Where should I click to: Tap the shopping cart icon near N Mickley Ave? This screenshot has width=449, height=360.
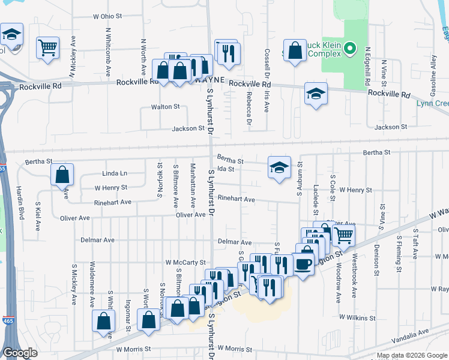point(47,47)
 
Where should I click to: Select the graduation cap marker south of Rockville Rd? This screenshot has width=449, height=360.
point(316,94)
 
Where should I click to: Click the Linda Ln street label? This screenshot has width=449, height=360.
point(115,173)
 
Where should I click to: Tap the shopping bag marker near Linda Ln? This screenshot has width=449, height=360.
point(62,175)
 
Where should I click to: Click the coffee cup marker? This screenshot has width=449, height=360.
point(303,263)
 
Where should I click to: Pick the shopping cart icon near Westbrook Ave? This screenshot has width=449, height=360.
point(343,235)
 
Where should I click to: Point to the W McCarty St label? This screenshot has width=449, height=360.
point(185,263)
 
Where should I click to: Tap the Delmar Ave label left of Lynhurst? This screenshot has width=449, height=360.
point(97,240)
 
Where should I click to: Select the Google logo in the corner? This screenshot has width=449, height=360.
point(20,352)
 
